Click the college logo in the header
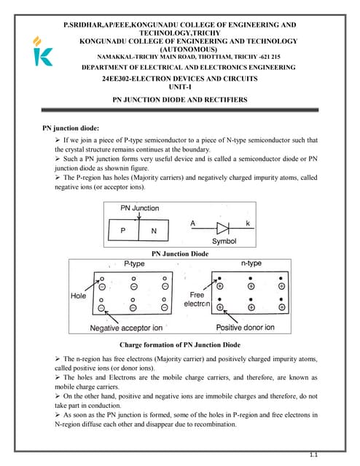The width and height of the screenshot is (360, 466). (43, 52)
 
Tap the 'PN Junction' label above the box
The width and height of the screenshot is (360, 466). (139, 208)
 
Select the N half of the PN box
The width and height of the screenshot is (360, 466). (154, 231)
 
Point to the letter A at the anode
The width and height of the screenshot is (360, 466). (192, 221)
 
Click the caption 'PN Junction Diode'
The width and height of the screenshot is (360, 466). (179, 253)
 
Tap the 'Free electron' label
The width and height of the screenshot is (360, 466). (200, 299)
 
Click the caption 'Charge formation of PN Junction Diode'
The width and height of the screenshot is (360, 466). (179, 344)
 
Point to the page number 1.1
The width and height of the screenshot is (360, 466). (313, 454)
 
